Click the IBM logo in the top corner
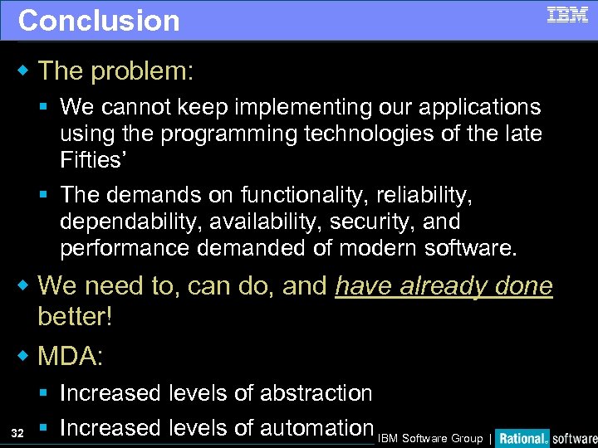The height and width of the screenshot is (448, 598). (x=567, y=15)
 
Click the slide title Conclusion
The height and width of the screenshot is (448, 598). (x=99, y=21)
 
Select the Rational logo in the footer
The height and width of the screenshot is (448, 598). (x=523, y=438)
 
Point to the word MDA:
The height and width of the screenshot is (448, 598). (x=71, y=357)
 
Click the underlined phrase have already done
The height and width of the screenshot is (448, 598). (x=444, y=286)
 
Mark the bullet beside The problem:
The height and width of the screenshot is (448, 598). (x=23, y=71)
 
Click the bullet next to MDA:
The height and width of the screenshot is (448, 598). (x=23, y=357)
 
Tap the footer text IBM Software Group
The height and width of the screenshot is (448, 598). (x=430, y=439)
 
